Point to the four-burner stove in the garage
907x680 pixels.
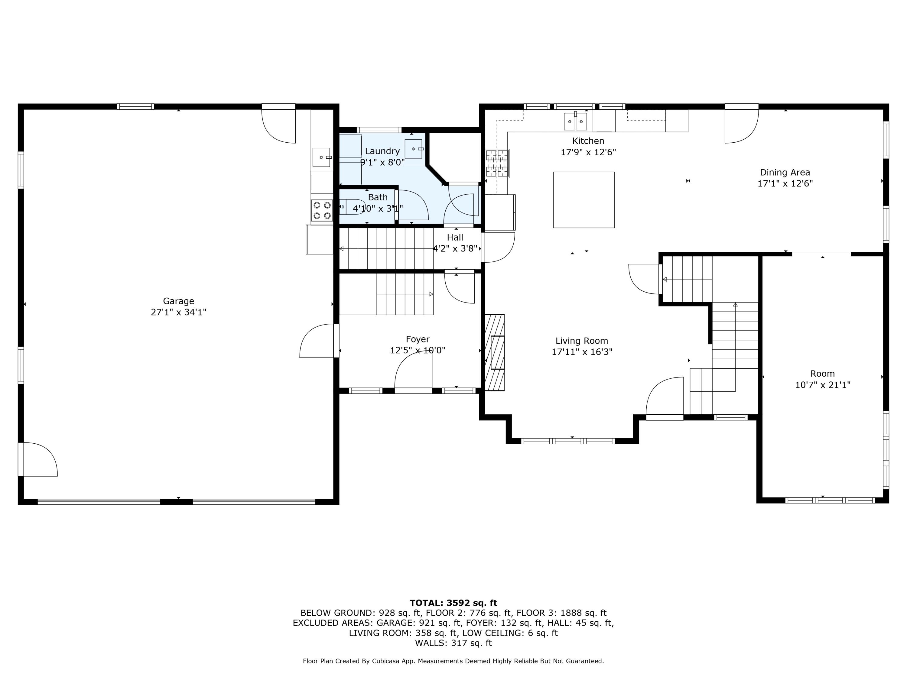tap(322, 210)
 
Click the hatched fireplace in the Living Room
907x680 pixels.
tap(495, 352)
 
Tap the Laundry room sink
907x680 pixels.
tap(414, 149)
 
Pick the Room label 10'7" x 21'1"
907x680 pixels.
tap(823, 385)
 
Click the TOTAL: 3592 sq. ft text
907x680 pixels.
tap(453, 603)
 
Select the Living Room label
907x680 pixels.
tap(581, 341)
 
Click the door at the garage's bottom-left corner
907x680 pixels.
tap(39, 459)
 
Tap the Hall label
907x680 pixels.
tap(455, 237)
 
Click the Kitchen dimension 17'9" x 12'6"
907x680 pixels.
tap(588, 152)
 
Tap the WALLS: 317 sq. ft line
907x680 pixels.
tap(453, 643)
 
